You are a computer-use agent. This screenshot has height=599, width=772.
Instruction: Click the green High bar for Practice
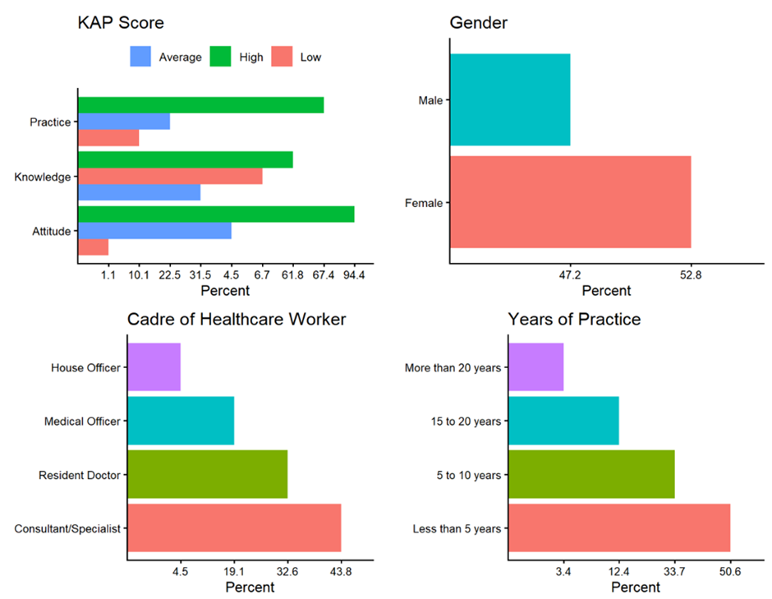(200, 105)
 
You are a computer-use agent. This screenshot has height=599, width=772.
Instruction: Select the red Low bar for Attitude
(93, 247)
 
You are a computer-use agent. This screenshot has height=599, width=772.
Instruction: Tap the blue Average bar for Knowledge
(139, 192)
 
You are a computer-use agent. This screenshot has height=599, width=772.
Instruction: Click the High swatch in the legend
(223, 57)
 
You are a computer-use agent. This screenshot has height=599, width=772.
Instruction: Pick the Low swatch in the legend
(283, 57)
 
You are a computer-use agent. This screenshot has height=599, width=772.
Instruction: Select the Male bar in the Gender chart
(510, 99)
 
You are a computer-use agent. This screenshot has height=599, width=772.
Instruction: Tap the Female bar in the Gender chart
(570, 202)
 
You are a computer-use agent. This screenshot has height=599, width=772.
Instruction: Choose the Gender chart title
(479, 22)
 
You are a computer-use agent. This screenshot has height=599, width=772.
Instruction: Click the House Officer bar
(154, 366)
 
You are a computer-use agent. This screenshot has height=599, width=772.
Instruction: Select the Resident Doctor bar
(208, 474)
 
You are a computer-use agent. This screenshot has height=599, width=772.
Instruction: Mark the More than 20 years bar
(536, 366)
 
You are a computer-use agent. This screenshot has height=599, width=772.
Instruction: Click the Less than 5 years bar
(619, 528)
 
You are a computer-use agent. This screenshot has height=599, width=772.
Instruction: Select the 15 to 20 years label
(465, 422)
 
